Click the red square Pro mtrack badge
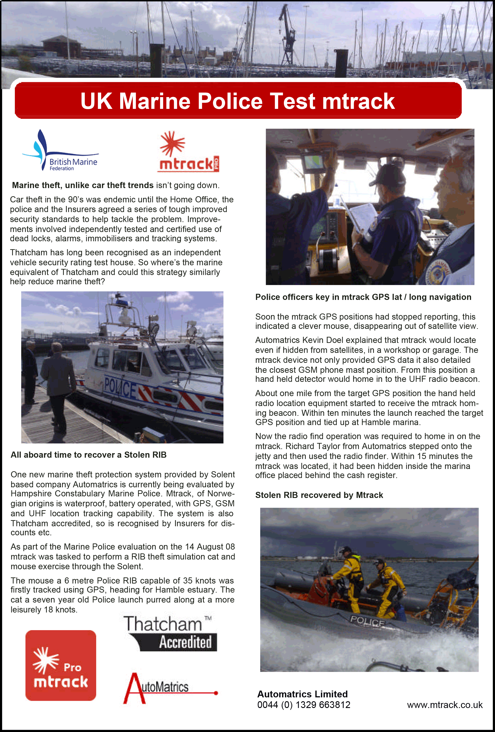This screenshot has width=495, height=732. [x=61, y=665]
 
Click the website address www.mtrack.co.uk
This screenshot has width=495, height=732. [x=445, y=705]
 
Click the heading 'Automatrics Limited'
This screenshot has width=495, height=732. [x=302, y=694]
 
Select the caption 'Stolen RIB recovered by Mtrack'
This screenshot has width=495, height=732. [x=319, y=495]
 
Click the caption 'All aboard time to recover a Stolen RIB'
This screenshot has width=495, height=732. [x=88, y=455]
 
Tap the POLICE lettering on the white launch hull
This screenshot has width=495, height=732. [x=120, y=388]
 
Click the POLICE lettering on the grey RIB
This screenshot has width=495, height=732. [x=367, y=622]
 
